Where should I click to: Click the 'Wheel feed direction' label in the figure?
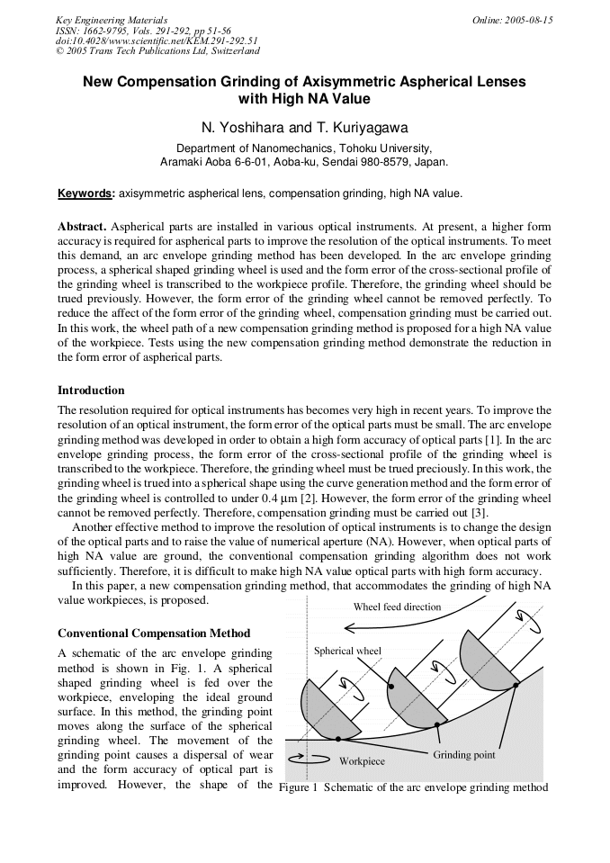coord(397,607)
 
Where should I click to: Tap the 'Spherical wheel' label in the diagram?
coord(347,651)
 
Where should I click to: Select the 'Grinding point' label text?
coord(464,754)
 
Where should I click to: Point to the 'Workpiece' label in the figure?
coord(362,761)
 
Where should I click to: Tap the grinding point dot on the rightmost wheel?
coord(516,685)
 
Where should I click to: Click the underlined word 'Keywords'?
coord(85,193)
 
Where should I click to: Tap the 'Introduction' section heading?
coord(91,391)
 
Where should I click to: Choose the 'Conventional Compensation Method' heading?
coord(154,634)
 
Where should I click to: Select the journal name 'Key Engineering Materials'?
coord(111,20)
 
